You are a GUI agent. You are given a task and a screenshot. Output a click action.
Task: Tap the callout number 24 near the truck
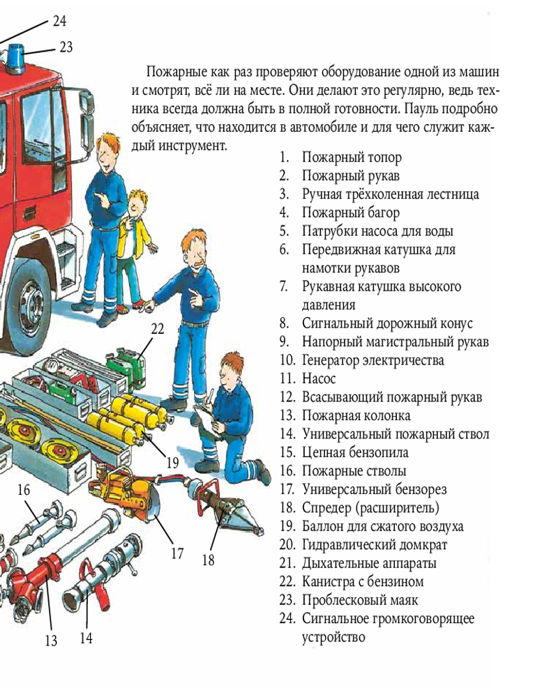click(x=59, y=21)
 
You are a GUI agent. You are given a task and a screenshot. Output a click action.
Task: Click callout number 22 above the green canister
click(x=158, y=328)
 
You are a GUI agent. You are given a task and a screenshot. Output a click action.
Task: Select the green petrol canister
click(x=126, y=367)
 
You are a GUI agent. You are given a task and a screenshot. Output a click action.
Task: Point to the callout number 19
click(x=173, y=463)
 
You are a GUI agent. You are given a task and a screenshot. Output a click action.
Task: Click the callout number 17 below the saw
click(x=177, y=553)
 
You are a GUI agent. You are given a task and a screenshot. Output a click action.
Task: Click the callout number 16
click(x=24, y=490)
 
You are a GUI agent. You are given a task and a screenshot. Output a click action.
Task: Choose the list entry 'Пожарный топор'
click(x=352, y=158)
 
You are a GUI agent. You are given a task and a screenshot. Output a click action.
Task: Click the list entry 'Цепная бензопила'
click(x=355, y=452)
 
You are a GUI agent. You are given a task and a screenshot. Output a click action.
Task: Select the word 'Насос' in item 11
click(x=319, y=378)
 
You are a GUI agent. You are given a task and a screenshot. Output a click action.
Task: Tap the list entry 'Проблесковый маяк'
click(x=360, y=600)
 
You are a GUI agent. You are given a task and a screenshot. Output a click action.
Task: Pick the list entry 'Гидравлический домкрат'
click(x=375, y=545)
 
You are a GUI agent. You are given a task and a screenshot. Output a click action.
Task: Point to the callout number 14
click(x=86, y=638)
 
